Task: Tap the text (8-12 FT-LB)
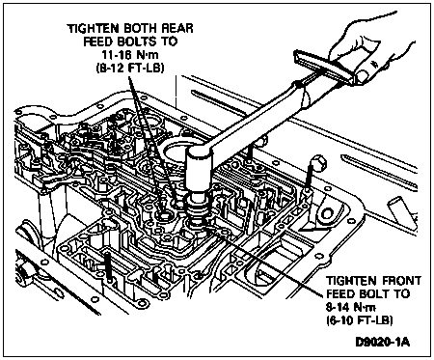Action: [x=130, y=68]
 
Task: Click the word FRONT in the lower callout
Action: [x=401, y=281]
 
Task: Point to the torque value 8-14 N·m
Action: [x=350, y=307]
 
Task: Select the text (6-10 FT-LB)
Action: [x=359, y=320]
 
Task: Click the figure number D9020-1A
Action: [x=383, y=342]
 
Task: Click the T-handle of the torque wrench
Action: [x=325, y=68]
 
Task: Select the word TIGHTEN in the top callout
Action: [x=93, y=28]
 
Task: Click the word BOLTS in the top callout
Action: [x=142, y=42]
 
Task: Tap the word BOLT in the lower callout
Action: [x=375, y=293]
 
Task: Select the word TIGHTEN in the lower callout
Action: [x=352, y=281]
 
